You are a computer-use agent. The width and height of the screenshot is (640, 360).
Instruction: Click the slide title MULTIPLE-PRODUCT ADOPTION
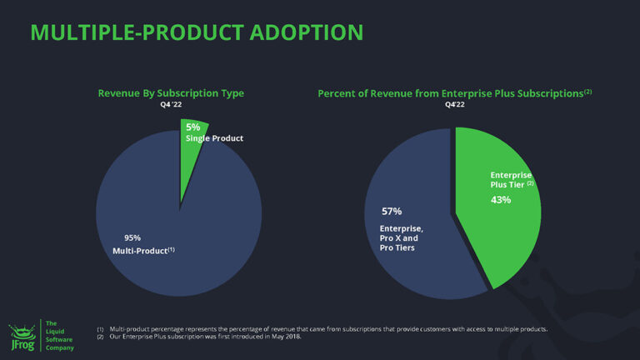click(x=196, y=32)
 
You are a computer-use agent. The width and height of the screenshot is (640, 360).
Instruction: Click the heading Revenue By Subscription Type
click(x=171, y=93)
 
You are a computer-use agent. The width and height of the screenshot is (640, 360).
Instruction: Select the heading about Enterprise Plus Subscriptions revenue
click(x=448, y=93)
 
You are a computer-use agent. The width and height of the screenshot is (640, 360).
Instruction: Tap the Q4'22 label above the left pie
click(x=171, y=105)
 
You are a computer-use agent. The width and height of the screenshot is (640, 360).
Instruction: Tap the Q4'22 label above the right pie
click(x=455, y=105)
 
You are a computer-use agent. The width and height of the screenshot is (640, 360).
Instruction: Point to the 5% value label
click(x=193, y=127)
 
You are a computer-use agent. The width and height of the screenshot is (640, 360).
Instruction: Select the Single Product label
click(x=214, y=138)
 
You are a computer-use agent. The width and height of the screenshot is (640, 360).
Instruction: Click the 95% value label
click(x=121, y=237)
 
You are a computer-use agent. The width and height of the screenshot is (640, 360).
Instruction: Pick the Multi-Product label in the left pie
click(x=143, y=250)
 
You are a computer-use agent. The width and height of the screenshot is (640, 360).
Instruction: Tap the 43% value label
click(x=501, y=200)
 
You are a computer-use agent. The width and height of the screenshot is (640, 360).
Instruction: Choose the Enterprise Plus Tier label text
click(x=510, y=179)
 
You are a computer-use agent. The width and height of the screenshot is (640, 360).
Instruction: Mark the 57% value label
click(x=392, y=211)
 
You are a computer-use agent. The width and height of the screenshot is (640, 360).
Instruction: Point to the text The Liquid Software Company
click(x=59, y=336)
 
